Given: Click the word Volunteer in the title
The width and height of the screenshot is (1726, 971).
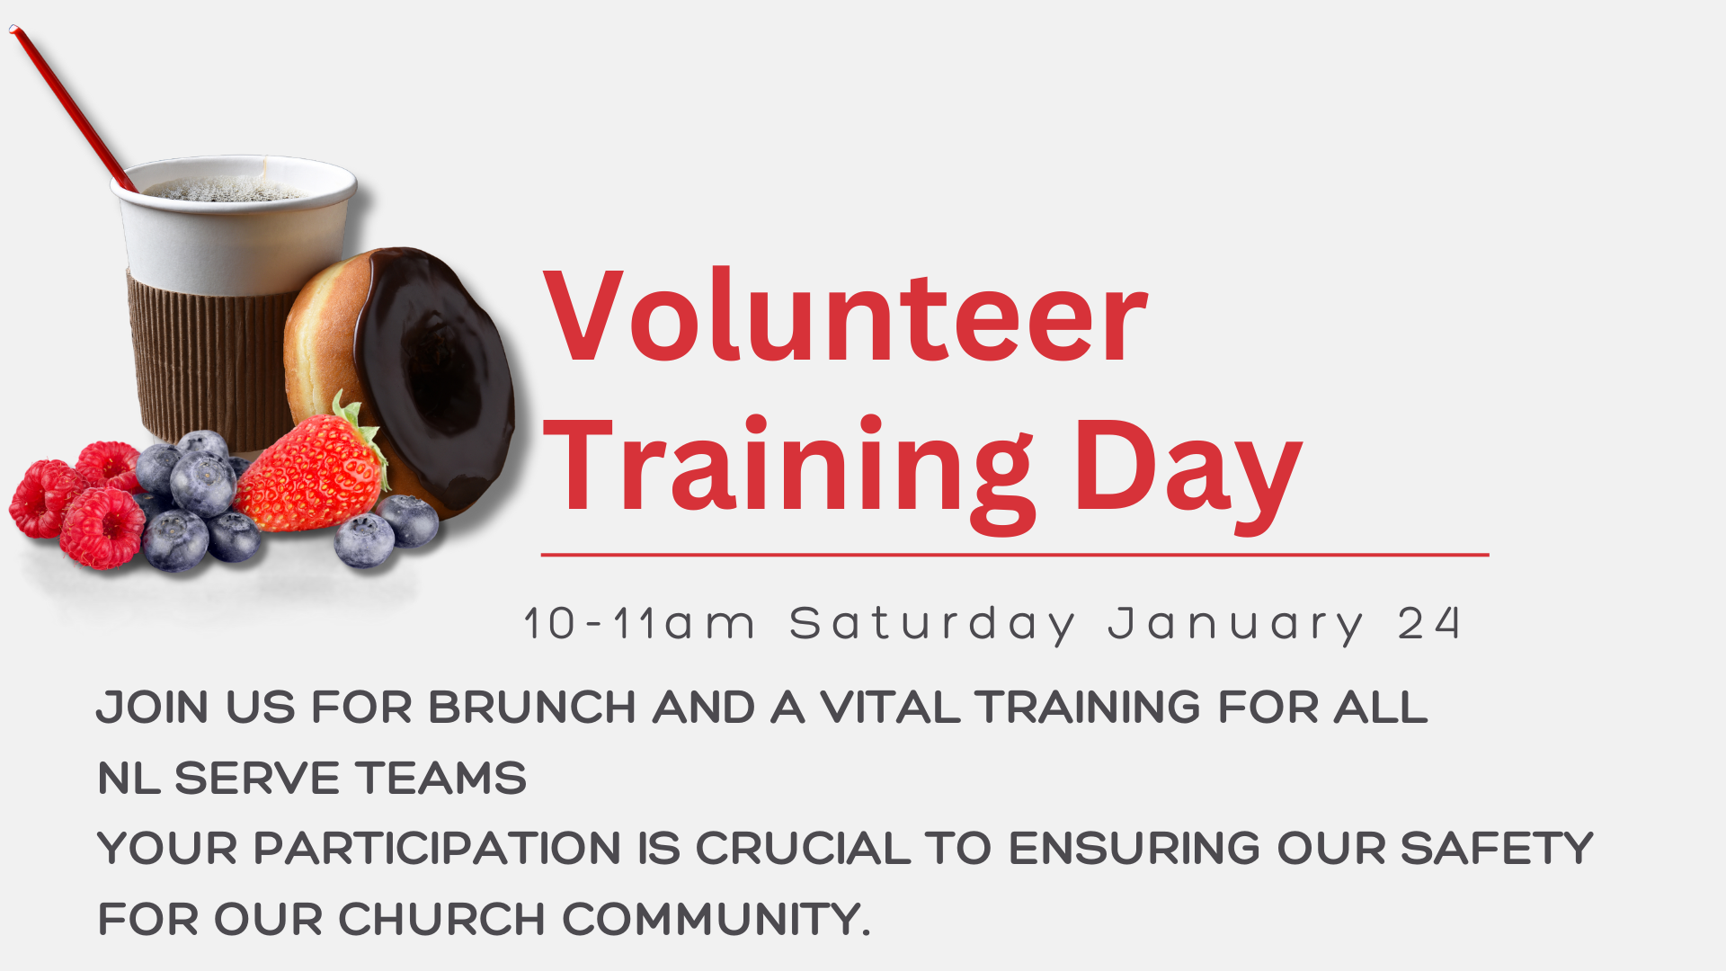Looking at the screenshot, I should pyautogui.click(x=845, y=316).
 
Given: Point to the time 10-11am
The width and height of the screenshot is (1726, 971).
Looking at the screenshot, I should pyautogui.click(x=639, y=624).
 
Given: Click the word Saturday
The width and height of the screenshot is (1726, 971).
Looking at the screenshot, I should pyautogui.click(x=932, y=624).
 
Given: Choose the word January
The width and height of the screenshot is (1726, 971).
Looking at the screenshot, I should pyautogui.click(x=1236, y=624).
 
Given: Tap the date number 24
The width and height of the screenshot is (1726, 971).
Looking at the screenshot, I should pyautogui.click(x=1428, y=624).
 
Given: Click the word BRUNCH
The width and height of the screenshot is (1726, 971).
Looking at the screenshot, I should pyautogui.click(x=532, y=707).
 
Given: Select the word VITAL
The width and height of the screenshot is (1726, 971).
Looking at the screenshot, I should pyautogui.click(x=891, y=707).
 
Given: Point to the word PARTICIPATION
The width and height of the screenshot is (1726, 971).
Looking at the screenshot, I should pyautogui.click(x=437, y=848).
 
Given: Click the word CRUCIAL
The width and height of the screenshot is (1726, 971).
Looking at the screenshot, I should pyautogui.click(x=803, y=848).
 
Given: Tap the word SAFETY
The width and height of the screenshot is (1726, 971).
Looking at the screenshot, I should pyautogui.click(x=1496, y=848).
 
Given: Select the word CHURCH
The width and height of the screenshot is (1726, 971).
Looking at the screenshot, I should pyautogui.click(x=441, y=919).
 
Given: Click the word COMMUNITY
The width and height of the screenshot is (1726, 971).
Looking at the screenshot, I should pyautogui.click(x=716, y=919).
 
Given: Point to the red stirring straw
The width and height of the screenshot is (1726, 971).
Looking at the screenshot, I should pyautogui.click(x=72, y=108).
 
